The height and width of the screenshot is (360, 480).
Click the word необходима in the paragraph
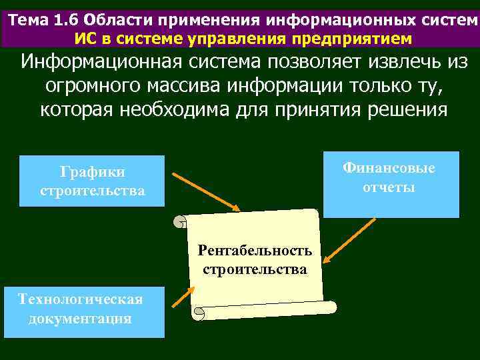[x=194, y=109]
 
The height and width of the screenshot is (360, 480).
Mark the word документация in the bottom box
[x=80, y=319]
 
